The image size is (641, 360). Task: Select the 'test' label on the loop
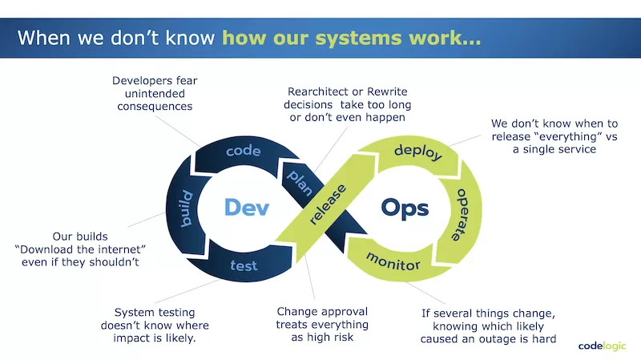[x=244, y=265]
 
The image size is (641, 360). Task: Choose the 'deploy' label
[x=418, y=152]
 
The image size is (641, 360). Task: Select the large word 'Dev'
[x=245, y=208]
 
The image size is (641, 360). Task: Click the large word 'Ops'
[x=405, y=208]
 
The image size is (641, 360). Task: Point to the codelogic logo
[x=603, y=346]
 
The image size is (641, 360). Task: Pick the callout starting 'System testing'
[x=155, y=325]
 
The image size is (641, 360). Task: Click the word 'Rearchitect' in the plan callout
[x=321, y=91]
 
